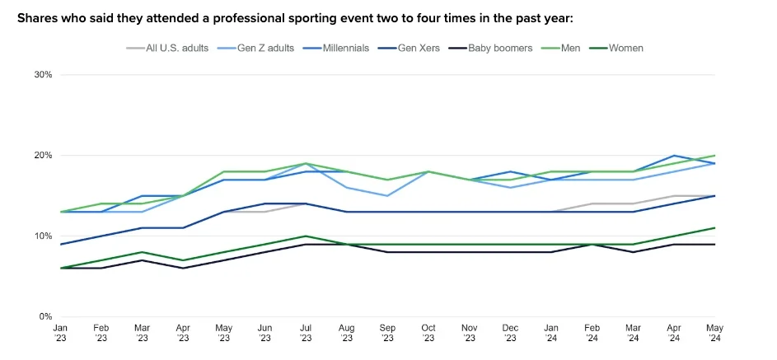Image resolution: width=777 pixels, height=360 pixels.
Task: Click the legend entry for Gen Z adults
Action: tap(260, 48)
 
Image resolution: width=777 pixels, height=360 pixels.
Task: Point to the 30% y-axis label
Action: tap(43, 75)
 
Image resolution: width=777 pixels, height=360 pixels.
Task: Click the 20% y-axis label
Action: tap(43, 156)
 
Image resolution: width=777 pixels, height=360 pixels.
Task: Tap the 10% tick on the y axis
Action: tap(43, 236)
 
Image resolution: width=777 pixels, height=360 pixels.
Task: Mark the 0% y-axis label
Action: tap(45, 317)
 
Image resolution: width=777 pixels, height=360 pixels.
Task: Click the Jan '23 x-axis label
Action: tap(61, 332)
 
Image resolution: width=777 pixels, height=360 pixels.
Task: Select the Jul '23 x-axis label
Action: tap(305, 332)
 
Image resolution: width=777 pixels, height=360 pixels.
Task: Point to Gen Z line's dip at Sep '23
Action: tap(386, 196)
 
